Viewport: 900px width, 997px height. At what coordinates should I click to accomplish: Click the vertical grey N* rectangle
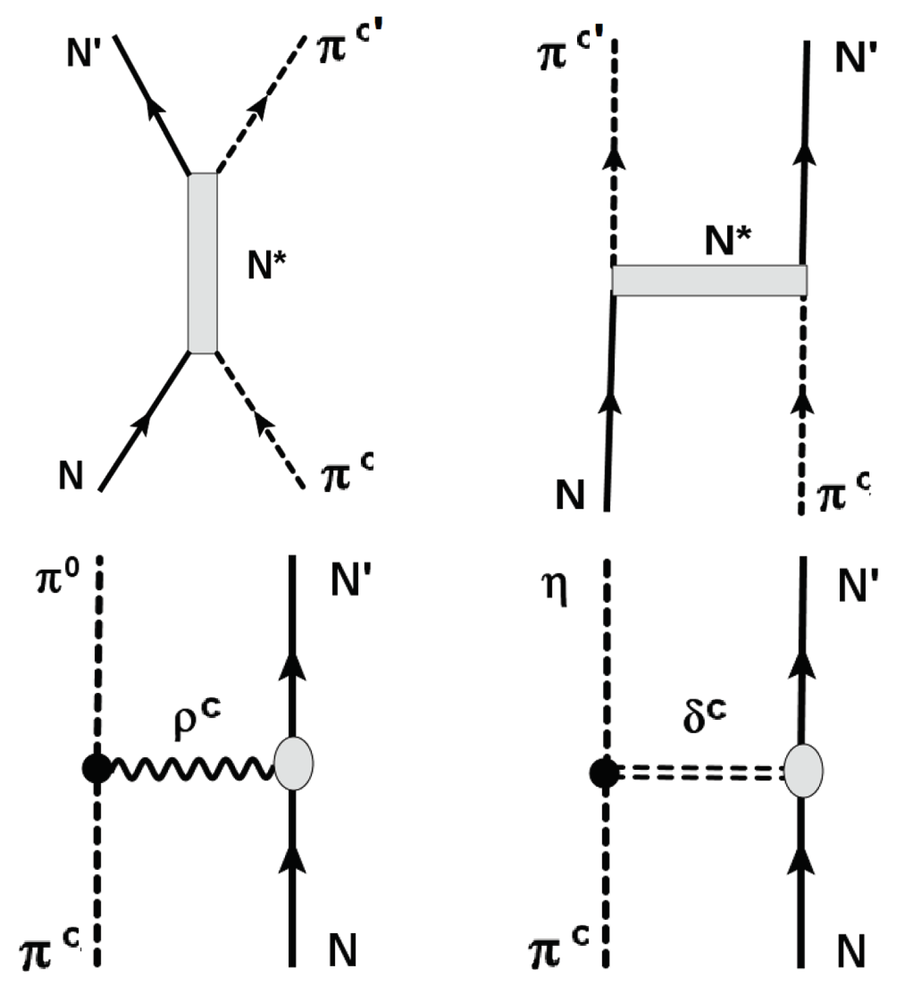point(202,263)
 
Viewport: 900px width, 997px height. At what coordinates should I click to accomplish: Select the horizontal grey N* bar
point(709,280)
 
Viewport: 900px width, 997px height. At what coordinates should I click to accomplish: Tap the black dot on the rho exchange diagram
point(96,768)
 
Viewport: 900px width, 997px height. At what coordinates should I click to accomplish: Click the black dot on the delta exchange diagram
point(604,773)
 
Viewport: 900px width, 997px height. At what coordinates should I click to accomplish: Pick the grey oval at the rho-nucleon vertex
point(293,764)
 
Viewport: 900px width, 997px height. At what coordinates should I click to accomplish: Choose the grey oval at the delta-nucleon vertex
point(803,770)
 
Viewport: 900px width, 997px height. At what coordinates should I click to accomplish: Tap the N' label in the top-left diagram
point(83,52)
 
